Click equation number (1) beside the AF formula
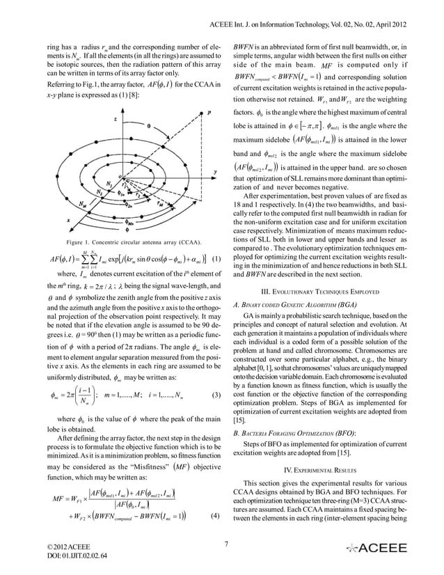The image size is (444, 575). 216,262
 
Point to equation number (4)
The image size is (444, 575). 216,516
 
